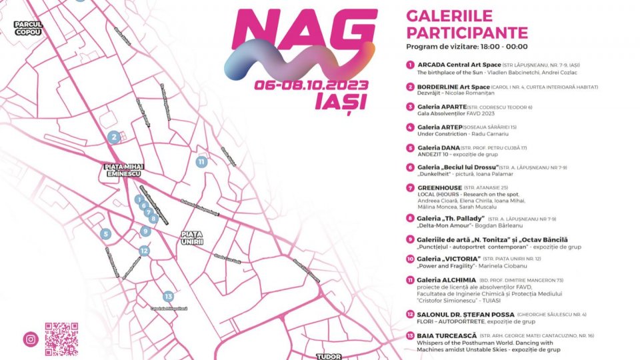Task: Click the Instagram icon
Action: click(31, 339)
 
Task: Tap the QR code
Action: click(61, 339)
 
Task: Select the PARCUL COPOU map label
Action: click(28, 27)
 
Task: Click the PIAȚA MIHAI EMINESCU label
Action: click(123, 170)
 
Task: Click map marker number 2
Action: click(114, 137)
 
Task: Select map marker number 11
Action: click(201, 161)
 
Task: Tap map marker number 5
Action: click(105, 234)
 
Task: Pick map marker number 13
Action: click(168, 297)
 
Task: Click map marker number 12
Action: click(144, 251)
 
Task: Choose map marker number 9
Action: click(145, 231)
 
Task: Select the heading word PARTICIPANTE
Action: click(467, 33)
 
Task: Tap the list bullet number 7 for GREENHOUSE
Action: click(410, 187)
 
